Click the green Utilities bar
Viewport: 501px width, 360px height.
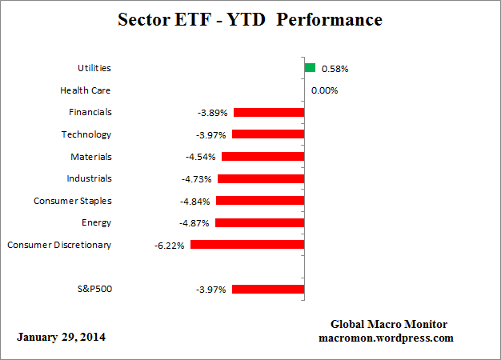310,68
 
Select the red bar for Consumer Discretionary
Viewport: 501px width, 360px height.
247,245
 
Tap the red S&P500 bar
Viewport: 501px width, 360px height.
268,289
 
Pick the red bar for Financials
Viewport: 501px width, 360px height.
268,113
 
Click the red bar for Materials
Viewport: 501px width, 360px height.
263,157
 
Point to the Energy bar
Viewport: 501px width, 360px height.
260,223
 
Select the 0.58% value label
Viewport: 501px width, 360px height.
335,69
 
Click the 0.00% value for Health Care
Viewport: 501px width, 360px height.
324,90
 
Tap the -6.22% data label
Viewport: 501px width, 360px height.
170,246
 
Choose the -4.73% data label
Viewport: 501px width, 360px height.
198,179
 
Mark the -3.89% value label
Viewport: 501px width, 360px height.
212,113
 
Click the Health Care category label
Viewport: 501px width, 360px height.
86,90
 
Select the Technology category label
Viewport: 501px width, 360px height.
86,134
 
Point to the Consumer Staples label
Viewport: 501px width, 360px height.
73,201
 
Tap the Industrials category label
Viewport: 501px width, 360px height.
89,178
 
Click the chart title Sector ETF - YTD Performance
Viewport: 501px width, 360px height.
250,19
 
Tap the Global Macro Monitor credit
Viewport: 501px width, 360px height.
388,324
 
